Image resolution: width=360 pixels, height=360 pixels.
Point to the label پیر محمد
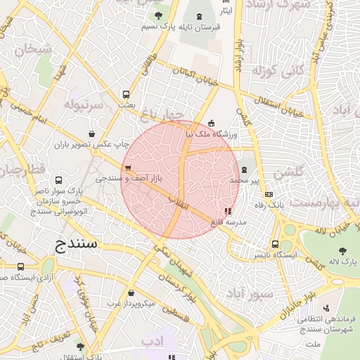(245, 181)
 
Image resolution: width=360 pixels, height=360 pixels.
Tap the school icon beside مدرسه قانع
(227, 210)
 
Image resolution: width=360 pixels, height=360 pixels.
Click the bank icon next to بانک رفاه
(269, 195)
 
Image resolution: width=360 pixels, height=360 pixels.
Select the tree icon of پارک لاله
(342, 251)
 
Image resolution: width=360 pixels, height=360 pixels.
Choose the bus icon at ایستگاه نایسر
(275, 244)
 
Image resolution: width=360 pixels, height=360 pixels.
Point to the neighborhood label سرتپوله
(84, 105)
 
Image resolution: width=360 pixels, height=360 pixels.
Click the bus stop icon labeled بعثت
(126, 94)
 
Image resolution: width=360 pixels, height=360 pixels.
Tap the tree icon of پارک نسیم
(157, 15)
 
